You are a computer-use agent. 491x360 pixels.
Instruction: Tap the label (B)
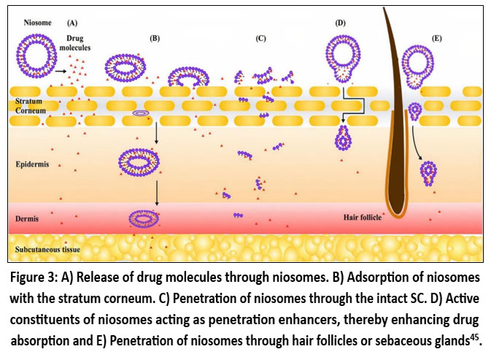154,37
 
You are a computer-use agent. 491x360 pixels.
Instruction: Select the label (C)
260,37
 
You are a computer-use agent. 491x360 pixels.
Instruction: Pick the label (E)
436,37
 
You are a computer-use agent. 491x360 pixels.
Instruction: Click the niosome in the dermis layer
143,218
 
